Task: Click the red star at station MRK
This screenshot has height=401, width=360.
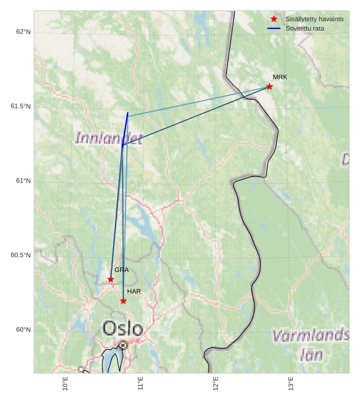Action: tap(269, 87)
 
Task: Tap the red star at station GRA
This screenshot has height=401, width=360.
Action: tap(111, 279)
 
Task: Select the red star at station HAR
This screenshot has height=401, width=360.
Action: tap(123, 301)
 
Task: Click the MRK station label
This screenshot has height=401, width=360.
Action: tap(280, 77)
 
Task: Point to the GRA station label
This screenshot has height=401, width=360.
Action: tap(121, 270)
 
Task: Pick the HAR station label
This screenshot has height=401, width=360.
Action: tap(134, 291)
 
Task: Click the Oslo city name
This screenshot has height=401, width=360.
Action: tap(123, 329)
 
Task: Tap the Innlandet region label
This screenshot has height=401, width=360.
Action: tap(109, 138)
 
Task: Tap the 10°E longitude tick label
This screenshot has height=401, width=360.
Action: tap(65, 383)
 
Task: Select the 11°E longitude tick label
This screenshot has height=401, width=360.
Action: tap(141, 383)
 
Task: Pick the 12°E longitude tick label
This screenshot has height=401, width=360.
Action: tap(216, 383)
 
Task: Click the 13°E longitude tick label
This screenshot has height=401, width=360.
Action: tap(291, 383)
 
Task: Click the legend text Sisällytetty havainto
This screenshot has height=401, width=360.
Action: tap(314, 19)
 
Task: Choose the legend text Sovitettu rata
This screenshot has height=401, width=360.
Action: tap(305, 28)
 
